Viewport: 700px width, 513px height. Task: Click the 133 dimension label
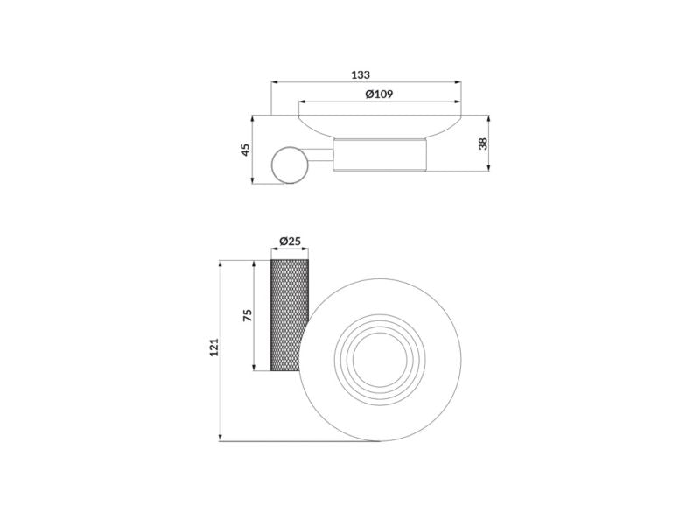click(360, 74)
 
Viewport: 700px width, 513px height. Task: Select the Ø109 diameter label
click(379, 95)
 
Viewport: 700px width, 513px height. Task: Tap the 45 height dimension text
click(245, 150)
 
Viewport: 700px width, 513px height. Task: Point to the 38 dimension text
click(483, 144)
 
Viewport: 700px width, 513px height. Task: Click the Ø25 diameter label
click(290, 242)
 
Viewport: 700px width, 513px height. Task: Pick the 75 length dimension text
click(247, 315)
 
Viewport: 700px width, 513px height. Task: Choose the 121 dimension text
click(214, 347)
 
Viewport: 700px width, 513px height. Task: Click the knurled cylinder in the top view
click(289, 315)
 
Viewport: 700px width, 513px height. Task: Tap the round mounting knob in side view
click(290, 165)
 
